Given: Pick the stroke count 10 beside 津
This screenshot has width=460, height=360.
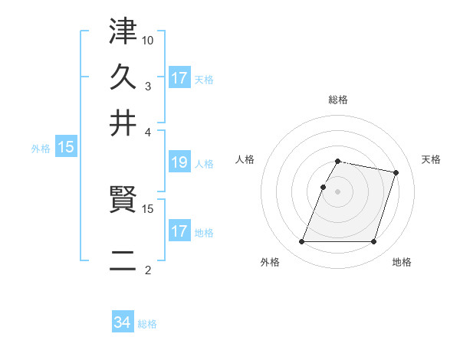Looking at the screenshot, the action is [148, 40].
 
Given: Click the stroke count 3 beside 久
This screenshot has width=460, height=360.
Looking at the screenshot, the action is [148, 86].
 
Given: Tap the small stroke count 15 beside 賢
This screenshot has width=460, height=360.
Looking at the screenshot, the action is [148, 208].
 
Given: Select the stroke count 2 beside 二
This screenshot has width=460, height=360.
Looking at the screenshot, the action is [148, 270].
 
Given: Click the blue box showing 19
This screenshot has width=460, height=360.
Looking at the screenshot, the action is [179, 162].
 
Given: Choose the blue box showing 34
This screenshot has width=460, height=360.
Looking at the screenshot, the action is [123, 323].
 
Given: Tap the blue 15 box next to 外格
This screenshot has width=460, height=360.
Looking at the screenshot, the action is [66, 148].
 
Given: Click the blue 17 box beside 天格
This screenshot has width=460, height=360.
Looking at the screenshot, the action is [179, 78].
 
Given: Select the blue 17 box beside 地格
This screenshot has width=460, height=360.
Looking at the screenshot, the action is [179, 231].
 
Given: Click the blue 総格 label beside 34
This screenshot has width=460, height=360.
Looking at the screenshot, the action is [147, 324].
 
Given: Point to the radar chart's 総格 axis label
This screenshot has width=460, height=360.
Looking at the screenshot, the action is [338, 100].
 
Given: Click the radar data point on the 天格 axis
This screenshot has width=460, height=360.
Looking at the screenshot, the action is [396, 172].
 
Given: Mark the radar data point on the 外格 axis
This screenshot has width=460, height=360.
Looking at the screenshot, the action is [302, 242].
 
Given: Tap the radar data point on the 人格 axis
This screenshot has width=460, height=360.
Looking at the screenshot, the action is [323, 187].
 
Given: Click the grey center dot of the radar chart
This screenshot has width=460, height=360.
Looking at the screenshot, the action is [338, 191].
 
